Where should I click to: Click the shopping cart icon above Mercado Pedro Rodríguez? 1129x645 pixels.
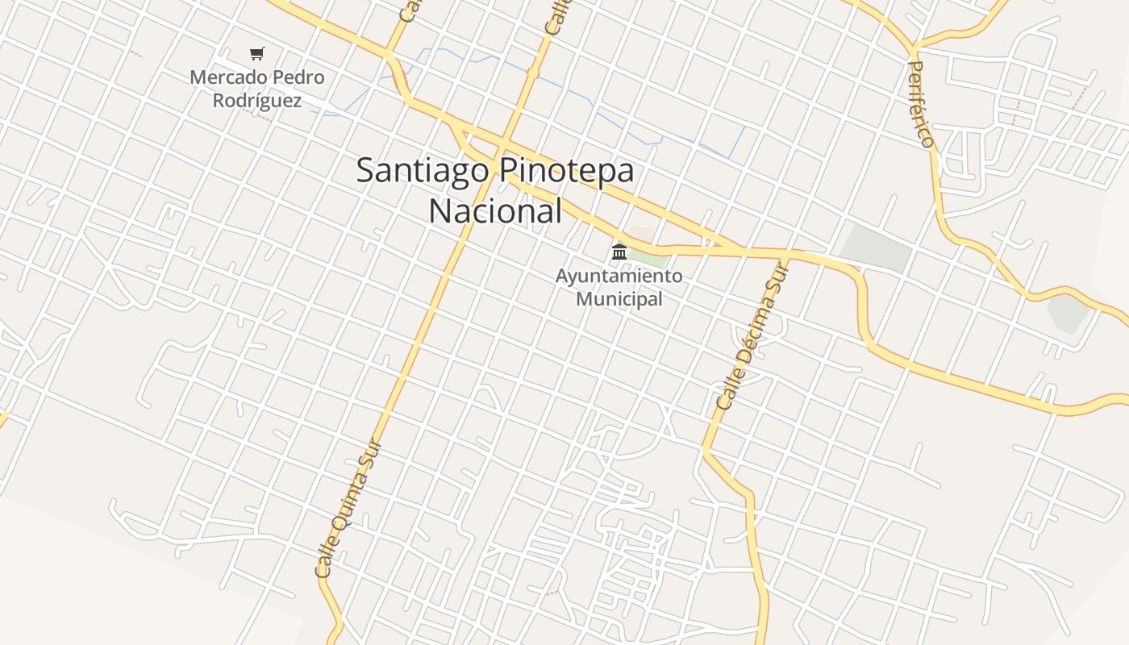tap(256, 54)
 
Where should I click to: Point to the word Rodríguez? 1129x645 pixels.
tap(256, 101)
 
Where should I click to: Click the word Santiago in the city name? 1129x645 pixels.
tap(423, 170)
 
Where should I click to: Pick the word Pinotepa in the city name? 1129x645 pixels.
tap(566, 170)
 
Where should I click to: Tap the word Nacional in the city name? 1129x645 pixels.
tap(494, 211)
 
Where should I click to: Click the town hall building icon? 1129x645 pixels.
tap(619, 252)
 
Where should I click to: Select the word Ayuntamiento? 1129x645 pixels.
tap(619, 276)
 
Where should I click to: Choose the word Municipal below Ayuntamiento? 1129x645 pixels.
tap(619, 299)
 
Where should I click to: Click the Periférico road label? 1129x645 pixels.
tap(921, 103)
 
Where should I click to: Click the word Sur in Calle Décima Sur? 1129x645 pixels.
tap(777, 279)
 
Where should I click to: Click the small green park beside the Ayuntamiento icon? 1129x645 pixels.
tap(649, 257)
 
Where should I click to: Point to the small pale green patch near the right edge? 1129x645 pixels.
tap(1069, 313)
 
